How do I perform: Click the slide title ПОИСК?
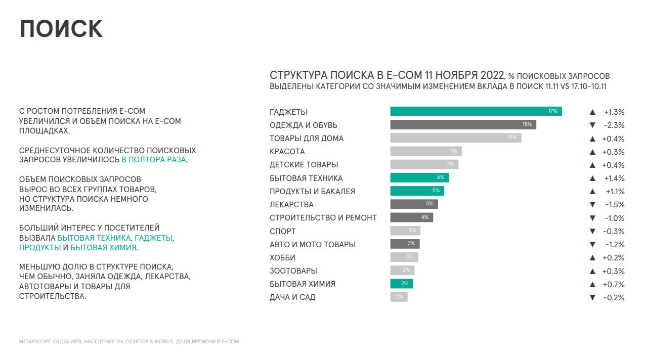(x=61, y=29)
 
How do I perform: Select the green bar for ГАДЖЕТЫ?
(x=476, y=112)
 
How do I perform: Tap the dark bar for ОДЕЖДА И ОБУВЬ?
(x=463, y=125)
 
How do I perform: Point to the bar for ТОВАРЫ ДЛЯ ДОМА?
(x=455, y=138)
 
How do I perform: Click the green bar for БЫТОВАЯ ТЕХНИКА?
(x=419, y=178)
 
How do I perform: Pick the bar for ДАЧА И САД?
(x=399, y=297)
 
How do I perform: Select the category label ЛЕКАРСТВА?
(x=291, y=205)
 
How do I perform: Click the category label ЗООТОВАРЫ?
(x=293, y=271)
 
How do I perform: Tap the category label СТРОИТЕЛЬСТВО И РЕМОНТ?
(x=323, y=218)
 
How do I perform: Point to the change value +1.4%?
(x=614, y=178)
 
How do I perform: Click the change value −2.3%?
(x=614, y=125)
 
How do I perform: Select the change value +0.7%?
(x=614, y=285)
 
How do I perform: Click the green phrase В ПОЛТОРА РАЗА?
(x=154, y=160)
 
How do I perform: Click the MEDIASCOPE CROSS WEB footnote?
(x=129, y=342)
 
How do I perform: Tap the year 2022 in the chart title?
(x=492, y=75)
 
